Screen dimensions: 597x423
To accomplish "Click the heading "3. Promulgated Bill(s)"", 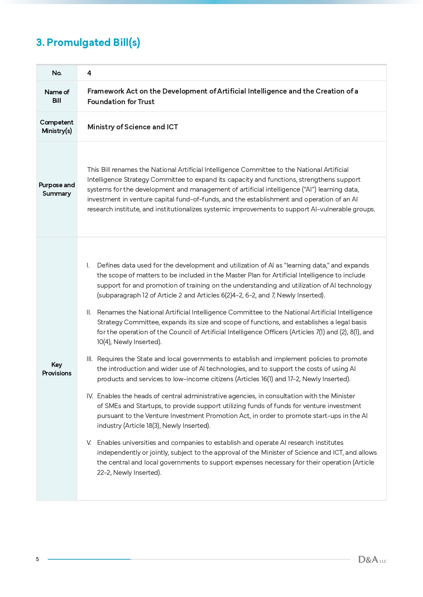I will (88, 43).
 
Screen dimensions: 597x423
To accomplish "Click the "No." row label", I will (57, 73).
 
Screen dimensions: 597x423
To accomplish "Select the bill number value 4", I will (89, 73).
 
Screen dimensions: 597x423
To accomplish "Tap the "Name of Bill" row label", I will (57, 96).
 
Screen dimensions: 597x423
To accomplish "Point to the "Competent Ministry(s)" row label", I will (57, 127).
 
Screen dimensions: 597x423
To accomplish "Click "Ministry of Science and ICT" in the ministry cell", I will (133, 127).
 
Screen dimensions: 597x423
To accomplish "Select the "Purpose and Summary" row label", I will (57, 189).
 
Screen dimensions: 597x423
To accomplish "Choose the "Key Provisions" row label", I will (57, 369).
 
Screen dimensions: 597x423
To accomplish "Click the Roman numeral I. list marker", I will (88, 265).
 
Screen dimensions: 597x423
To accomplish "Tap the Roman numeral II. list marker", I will (89, 312).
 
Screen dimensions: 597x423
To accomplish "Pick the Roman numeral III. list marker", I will (89, 359).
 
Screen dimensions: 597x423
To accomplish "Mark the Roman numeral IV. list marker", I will (90, 396).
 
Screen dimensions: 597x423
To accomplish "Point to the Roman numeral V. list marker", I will (89, 443).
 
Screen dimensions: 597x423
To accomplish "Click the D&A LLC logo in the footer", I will (372, 560).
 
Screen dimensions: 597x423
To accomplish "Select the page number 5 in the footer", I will (37, 559).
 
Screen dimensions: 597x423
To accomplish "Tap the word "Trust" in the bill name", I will (146, 102).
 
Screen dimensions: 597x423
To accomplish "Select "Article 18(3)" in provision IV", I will (141, 426).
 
